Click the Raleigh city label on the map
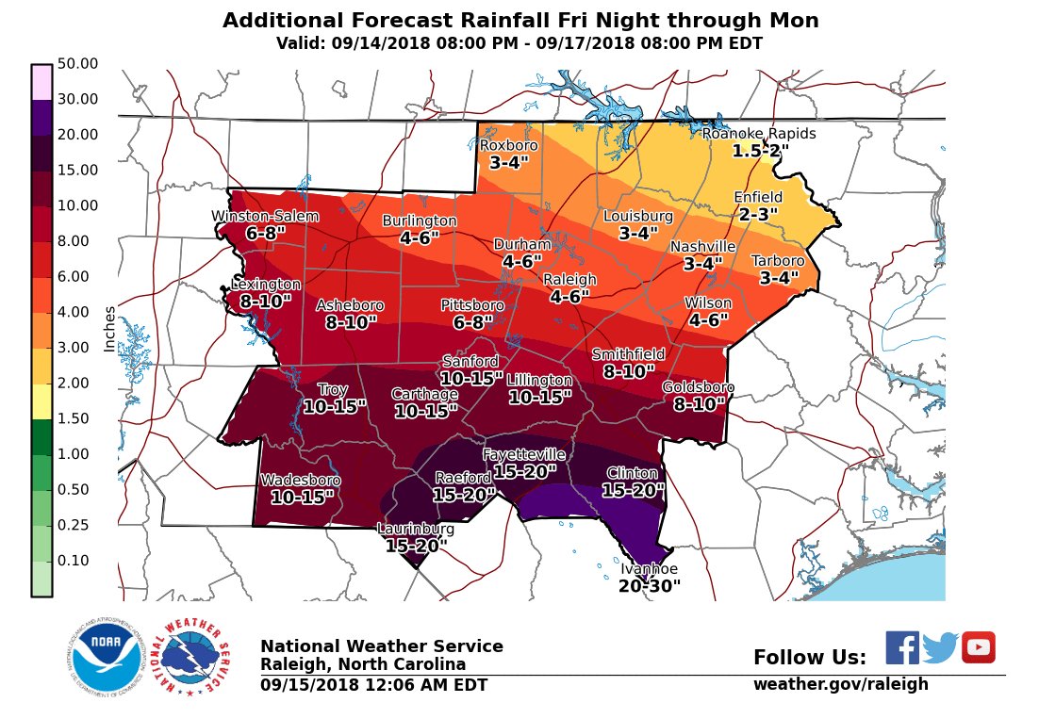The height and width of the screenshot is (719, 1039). click(x=569, y=280)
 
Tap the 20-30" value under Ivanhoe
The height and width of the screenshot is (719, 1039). click(x=650, y=586)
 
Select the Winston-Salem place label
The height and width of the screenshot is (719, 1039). click(x=264, y=217)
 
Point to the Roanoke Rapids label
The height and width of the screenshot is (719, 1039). click(x=759, y=134)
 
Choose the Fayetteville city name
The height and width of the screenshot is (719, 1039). click(x=524, y=455)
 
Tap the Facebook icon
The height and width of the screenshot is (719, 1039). click(x=902, y=647)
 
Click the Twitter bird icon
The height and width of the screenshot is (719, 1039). click(x=940, y=647)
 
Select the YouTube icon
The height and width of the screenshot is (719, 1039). click(x=979, y=647)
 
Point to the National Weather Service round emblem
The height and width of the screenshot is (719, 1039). click(x=191, y=657)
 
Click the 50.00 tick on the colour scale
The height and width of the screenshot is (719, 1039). click(x=77, y=63)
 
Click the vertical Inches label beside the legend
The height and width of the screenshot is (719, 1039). click(x=109, y=329)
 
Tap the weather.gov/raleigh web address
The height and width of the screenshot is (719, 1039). click(x=840, y=684)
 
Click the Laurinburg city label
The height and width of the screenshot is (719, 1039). click(x=416, y=529)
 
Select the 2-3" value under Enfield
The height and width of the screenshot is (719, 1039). click(x=758, y=214)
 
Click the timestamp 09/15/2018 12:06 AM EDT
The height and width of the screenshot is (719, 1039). click(x=373, y=685)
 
